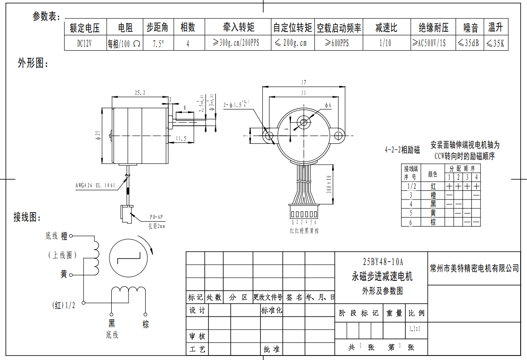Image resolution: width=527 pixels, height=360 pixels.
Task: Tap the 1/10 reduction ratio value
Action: [385, 43]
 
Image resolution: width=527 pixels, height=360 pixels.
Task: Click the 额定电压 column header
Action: [85, 28]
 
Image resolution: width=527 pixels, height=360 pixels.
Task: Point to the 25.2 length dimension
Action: [140, 93]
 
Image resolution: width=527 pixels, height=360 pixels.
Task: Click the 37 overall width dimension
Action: [303, 82]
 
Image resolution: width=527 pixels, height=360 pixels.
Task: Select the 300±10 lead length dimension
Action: [329, 184]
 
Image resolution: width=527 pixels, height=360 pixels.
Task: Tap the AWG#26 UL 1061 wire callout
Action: [95, 185]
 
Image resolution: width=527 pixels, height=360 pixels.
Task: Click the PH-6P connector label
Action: [157, 216]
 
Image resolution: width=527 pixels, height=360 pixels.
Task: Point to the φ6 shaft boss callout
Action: [328, 105]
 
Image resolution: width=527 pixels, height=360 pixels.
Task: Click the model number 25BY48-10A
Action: [382, 262]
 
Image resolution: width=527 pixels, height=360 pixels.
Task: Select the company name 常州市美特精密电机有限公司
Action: [475, 268]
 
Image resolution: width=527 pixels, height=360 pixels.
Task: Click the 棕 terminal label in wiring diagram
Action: [146, 324]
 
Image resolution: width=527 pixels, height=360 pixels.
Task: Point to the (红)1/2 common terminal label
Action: [63, 305]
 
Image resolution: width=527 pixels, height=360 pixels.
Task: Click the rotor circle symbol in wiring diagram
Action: [129, 258]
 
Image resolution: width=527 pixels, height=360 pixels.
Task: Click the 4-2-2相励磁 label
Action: [402, 149]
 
